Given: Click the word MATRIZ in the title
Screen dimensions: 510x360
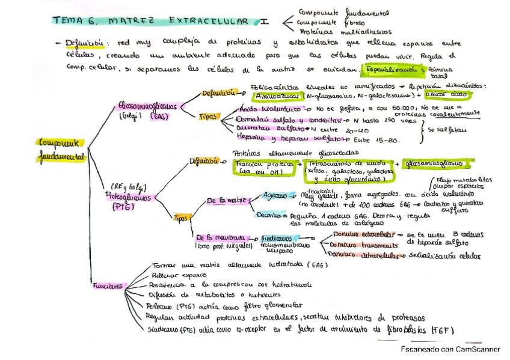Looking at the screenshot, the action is pyautogui.click(x=128, y=21).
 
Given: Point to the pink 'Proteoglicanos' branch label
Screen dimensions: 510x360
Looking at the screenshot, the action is pyautogui.click(x=129, y=197).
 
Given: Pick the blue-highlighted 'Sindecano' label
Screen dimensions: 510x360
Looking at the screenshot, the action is pyautogui.click(x=277, y=238).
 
